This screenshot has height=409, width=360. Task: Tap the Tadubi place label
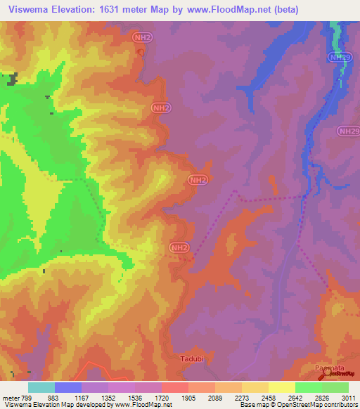[x=190, y=357]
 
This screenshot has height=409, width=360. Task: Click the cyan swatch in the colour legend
[x=41, y=387]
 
